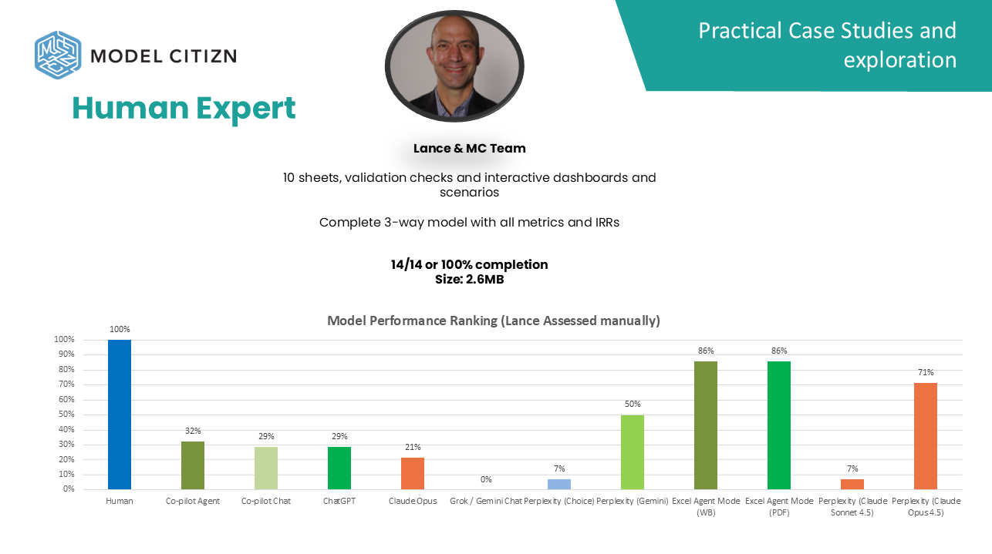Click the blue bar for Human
(120, 415)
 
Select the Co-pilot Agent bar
(193, 465)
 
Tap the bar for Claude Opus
(413, 473)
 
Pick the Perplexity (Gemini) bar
(633, 452)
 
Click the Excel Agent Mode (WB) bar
(706, 425)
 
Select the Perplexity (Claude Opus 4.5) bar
(926, 436)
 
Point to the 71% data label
(926, 372)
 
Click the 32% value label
(193, 431)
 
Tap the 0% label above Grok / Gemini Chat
(486, 479)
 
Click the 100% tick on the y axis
(64, 340)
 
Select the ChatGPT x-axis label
(339, 501)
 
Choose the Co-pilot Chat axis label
(266, 501)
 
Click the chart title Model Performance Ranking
(494, 321)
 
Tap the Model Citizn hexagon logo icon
(58, 55)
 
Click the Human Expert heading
(184, 109)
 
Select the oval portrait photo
(454, 66)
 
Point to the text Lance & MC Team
(469, 148)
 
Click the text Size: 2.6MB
(469, 279)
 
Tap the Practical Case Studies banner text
(827, 45)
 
